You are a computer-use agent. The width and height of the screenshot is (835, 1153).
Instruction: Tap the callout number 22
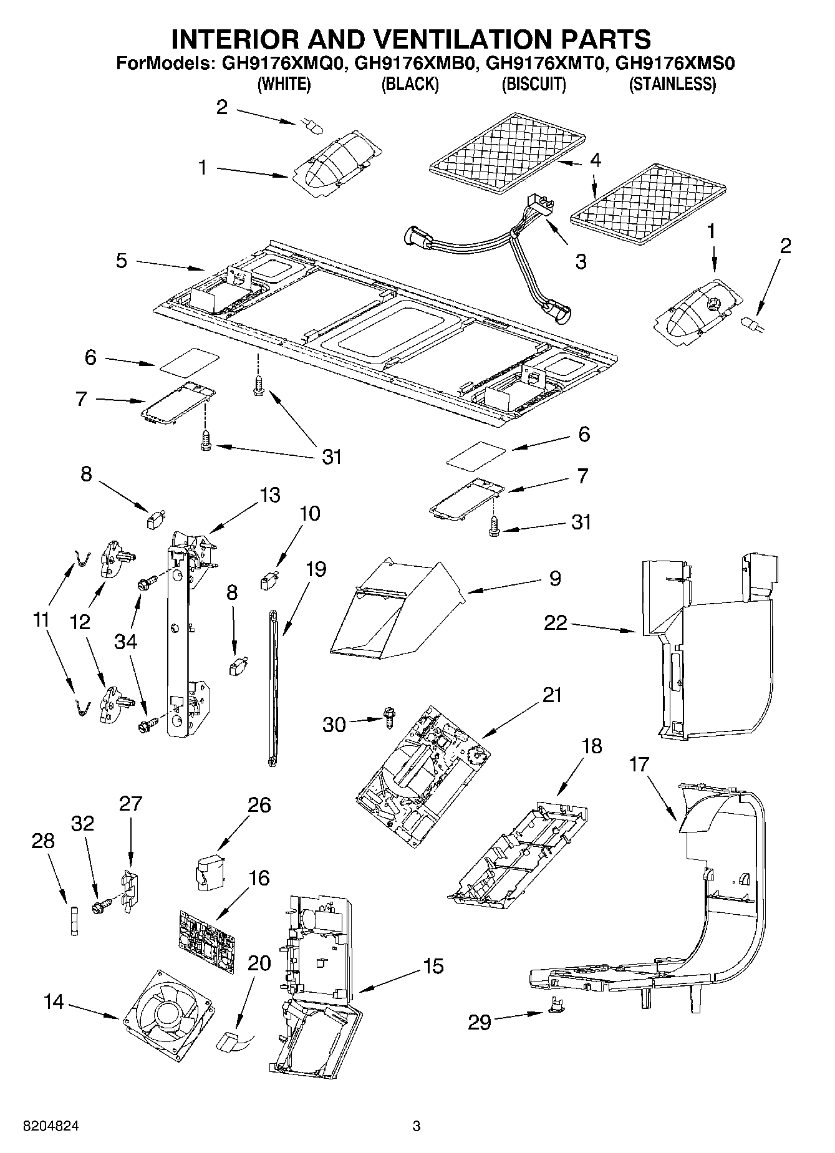[x=555, y=622]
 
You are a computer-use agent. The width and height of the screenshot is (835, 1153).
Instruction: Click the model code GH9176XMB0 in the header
[x=412, y=63]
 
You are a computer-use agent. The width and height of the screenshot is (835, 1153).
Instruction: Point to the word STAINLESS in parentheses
[x=672, y=84]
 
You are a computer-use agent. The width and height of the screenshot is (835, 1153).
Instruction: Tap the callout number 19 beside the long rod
[x=316, y=569]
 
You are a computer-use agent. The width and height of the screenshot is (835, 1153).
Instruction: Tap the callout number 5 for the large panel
[x=121, y=260]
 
